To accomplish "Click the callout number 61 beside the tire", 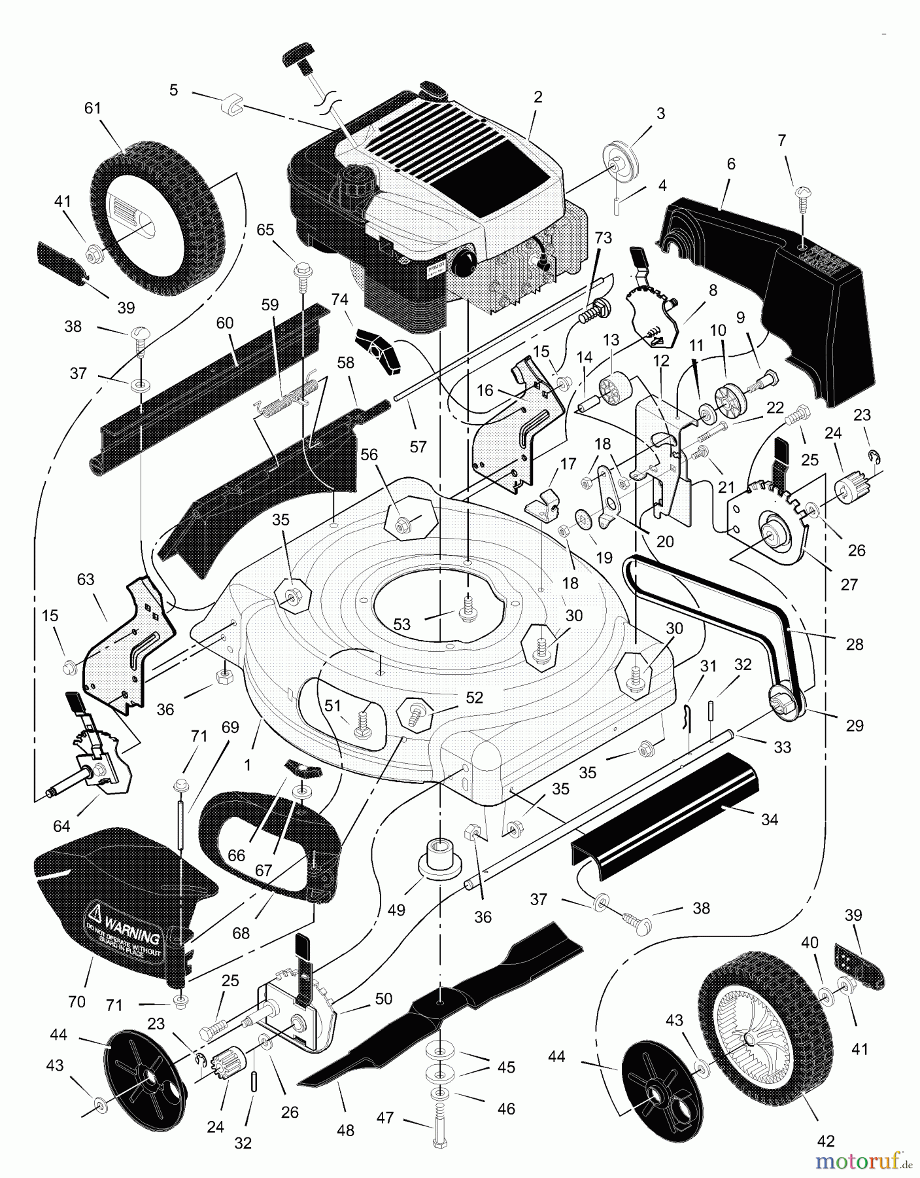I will [x=93, y=108].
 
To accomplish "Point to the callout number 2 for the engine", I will [x=537, y=97].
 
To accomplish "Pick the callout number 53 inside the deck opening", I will [x=401, y=624].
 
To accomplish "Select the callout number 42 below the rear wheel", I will [x=826, y=1141].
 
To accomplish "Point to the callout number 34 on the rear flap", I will [x=770, y=819].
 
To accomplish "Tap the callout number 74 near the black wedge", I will [x=339, y=299].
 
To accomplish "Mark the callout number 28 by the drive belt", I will [x=854, y=644].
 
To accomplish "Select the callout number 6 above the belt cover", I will [x=730, y=164].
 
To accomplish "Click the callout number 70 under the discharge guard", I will [x=77, y=1001].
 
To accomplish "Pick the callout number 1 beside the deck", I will [x=248, y=764].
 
